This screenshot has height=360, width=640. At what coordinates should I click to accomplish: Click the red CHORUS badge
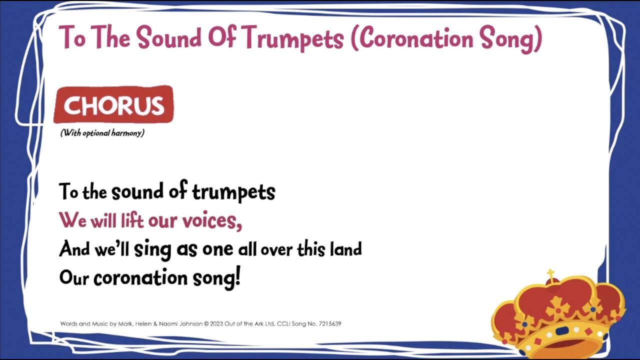[x=113, y=105]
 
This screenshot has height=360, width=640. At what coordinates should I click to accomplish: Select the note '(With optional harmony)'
[x=102, y=133]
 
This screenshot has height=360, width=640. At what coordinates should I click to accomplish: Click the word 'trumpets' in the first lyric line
[x=233, y=192]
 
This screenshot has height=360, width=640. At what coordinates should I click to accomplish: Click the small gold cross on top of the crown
[x=551, y=274]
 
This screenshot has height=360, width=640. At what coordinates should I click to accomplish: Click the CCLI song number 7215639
[x=329, y=324]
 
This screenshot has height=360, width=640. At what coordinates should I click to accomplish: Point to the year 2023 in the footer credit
[x=218, y=324]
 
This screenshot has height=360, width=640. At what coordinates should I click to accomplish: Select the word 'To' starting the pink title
[x=72, y=38]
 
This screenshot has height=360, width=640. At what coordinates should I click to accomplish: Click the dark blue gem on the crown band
[x=562, y=331]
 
